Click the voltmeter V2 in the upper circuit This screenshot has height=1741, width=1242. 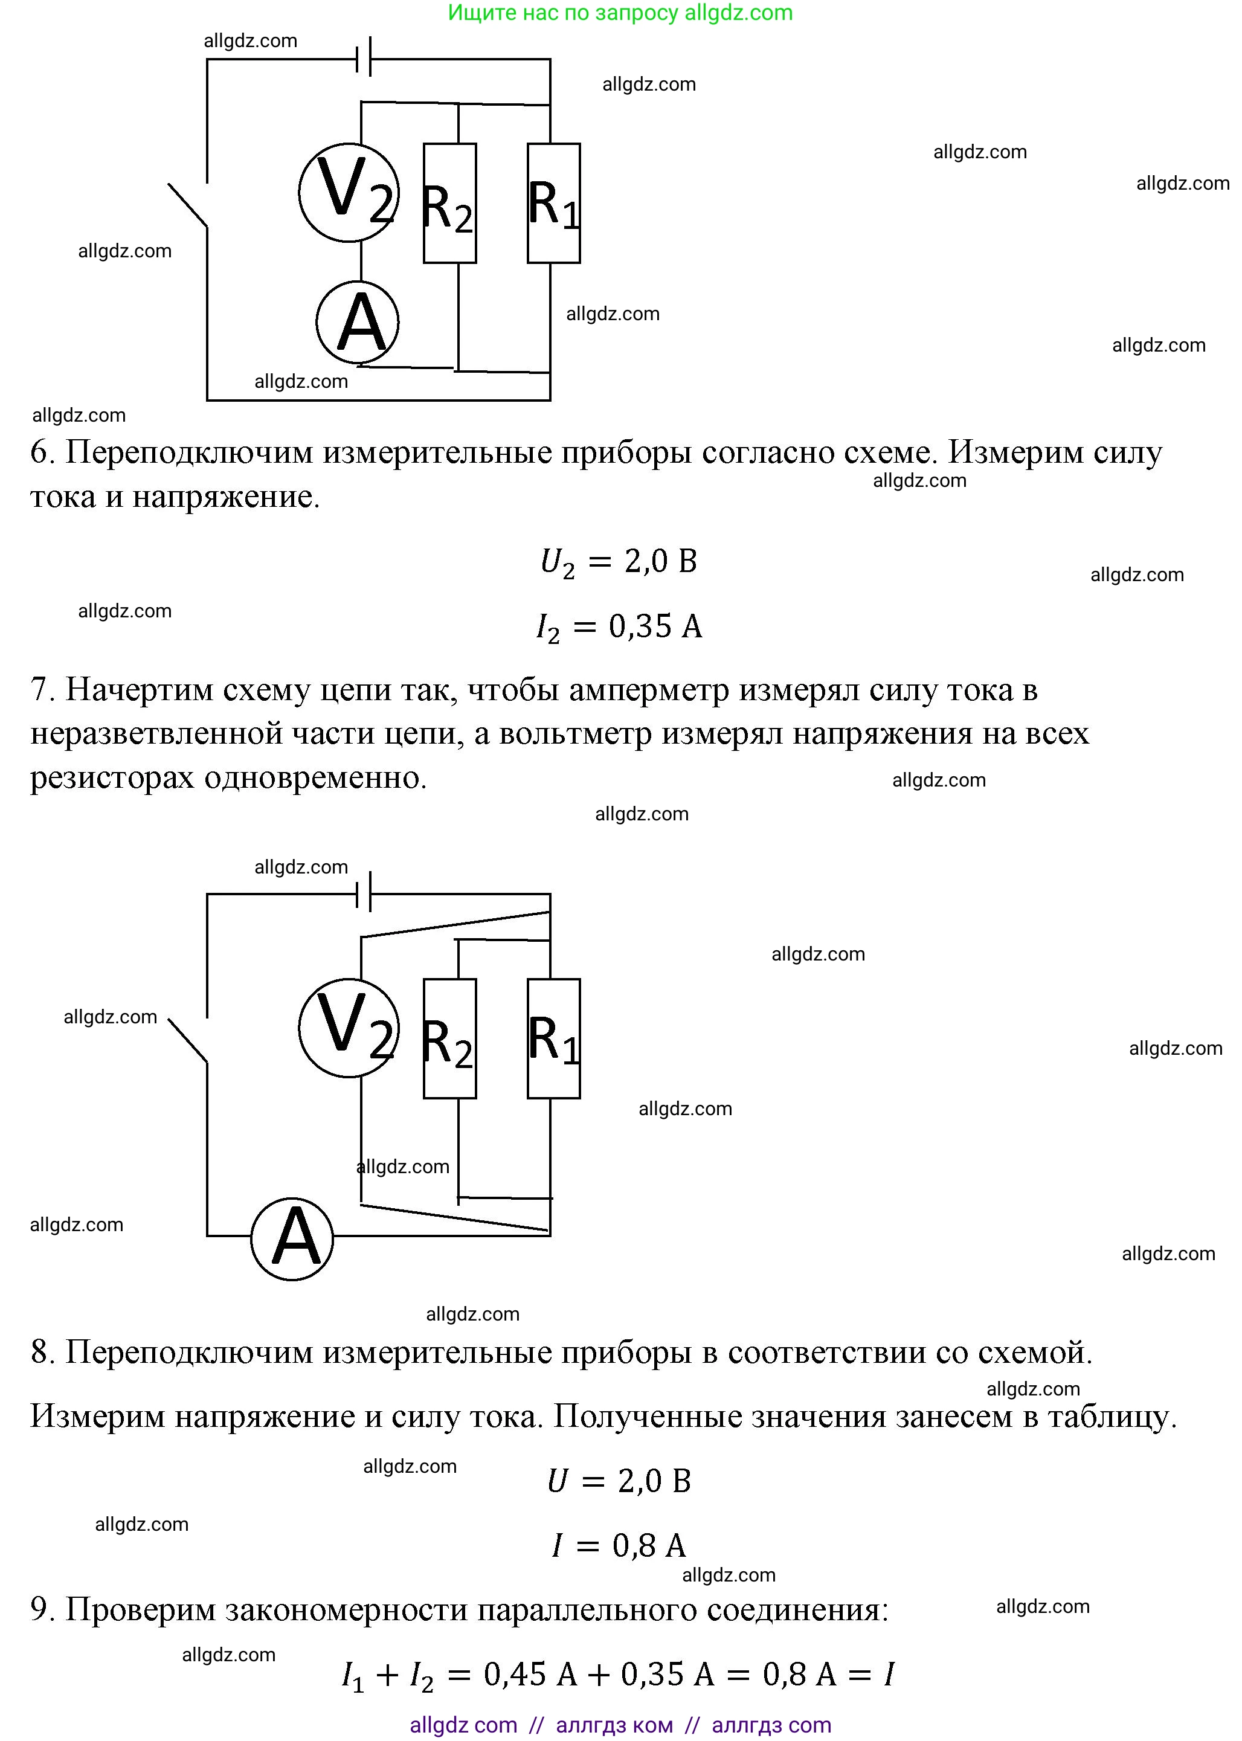click(x=349, y=193)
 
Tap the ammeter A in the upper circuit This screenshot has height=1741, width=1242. click(x=358, y=322)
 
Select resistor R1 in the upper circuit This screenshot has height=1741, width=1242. click(x=554, y=204)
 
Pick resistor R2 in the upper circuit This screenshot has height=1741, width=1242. click(x=449, y=204)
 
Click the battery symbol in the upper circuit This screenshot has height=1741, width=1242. click(x=364, y=57)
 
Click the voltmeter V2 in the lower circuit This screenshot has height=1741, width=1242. click(x=349, y=1028)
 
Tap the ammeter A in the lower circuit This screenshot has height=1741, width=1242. click(x=292, y=1238)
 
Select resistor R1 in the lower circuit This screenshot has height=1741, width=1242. click(x=554, y=1038)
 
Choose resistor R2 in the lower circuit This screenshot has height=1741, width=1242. click(x=449, y=1038)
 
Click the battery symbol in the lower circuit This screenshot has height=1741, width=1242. click(x=364, y=892)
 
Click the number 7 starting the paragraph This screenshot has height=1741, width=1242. click(x=40, y=690)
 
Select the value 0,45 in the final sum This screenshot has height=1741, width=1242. click(x=514, y=1675)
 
